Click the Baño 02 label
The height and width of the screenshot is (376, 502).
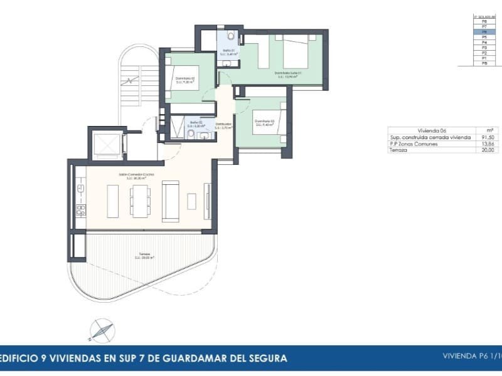(196, 124)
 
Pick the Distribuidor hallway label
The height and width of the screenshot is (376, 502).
(223, 126)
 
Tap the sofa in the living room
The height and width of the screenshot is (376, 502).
(170, 201)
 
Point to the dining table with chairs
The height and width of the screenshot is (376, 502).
(140, 201)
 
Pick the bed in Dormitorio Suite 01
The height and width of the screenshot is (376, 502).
(296, 52)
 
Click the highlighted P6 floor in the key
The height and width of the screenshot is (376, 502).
(484, 32)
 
